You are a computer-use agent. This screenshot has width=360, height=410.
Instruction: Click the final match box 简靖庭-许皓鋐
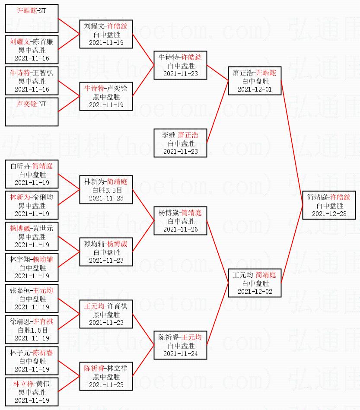click(x=329, y=205)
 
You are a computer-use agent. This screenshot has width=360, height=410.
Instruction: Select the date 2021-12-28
click(x=329, y=213)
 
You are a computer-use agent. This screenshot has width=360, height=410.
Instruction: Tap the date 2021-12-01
click(x=255, y=89)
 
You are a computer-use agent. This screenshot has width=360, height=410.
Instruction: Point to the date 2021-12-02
click(x=255, y=292)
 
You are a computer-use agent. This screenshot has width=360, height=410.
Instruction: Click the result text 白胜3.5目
click(x=106, y=190)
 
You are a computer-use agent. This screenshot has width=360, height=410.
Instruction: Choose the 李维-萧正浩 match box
click(x=180, y=143)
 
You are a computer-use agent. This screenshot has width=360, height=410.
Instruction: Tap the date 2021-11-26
click(x=180, y=229)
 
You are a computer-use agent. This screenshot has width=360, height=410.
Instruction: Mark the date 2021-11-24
click(x=180, y=354)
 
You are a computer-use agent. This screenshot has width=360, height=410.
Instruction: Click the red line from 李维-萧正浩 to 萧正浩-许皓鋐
click(x=217, y=112)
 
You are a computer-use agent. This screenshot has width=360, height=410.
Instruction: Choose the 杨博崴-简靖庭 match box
click(x=180, y=221)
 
